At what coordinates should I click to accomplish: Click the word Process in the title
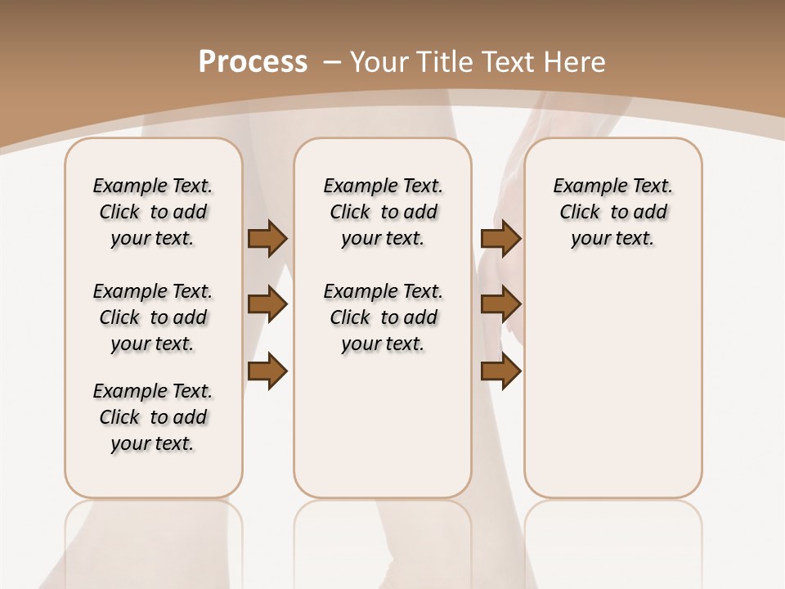click(253, 62)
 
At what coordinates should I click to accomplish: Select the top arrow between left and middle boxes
click(267, 238)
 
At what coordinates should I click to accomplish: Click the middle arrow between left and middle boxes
click(267, 304)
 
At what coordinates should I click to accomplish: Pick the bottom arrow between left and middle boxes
click(267, 371)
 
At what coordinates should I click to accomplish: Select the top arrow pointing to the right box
click(500, 238)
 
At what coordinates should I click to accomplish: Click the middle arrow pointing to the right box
click(500, 304)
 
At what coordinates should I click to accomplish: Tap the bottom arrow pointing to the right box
click(500, 371)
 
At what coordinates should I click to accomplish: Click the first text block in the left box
click(153, 212)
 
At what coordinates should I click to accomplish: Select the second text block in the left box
click(153, 317)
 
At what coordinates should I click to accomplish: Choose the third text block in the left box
click(153, 417)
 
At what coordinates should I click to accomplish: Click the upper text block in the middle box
click(383, 212)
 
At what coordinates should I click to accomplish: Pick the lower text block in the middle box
click(383, 317)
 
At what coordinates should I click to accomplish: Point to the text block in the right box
click(612, 212)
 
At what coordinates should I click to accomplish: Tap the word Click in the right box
click(580, 213)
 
